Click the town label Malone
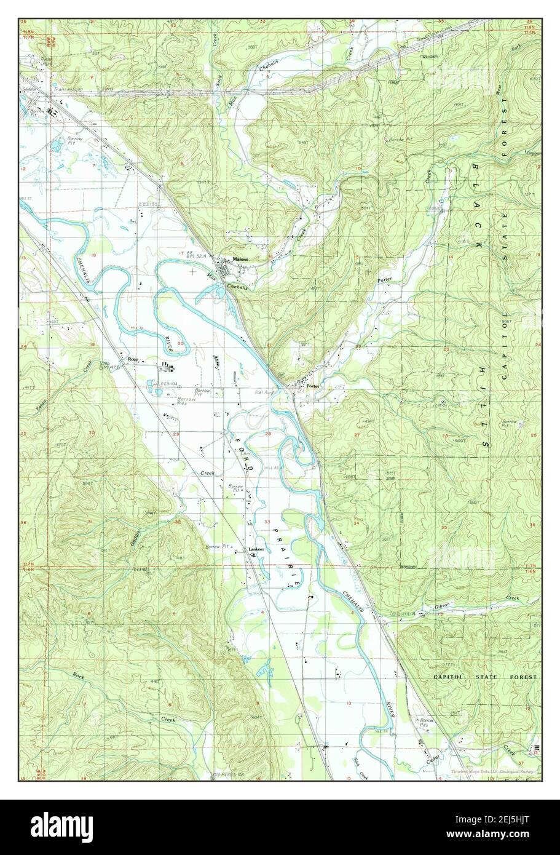coord(240,260)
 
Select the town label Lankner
coord(256,549)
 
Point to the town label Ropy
coord(132,358)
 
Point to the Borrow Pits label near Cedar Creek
coord(425,722)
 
